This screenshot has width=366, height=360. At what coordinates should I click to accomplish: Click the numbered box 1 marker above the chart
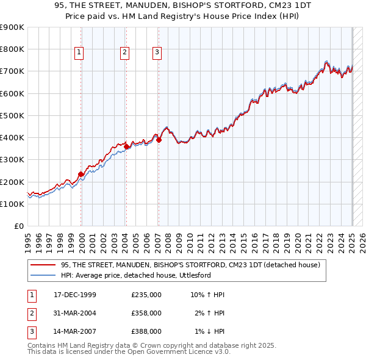tap(79, 53)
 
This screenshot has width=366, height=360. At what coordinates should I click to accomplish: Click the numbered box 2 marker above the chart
tap(124, 53)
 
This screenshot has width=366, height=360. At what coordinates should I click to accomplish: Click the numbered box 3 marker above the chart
tap(157, 53)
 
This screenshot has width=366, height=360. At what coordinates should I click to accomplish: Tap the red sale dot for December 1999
tap(81, 174)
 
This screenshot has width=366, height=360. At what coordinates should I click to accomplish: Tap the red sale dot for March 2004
tap(126, 146)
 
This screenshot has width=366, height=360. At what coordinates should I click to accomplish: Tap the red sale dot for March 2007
tap(159, 140)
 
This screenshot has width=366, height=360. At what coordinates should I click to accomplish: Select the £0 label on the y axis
tap(18, 226)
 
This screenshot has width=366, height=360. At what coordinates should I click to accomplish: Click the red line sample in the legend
tap(43, 265)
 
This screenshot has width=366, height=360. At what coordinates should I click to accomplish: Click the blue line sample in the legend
tap(43, 275)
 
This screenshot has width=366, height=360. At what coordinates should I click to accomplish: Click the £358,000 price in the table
tap(146, 313)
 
